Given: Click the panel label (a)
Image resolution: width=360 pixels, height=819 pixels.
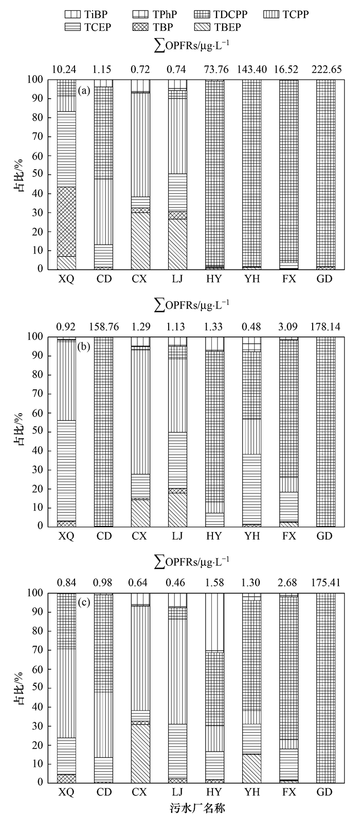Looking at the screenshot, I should pos(84,91).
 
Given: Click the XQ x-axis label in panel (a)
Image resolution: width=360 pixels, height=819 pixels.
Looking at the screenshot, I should pos(66,279).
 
